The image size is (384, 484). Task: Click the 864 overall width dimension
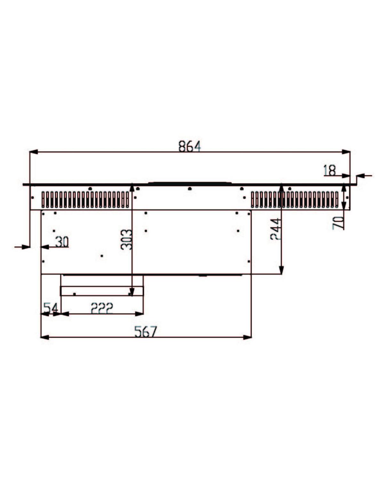[x=189, y=146]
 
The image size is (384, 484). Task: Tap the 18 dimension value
[x=330, y=170]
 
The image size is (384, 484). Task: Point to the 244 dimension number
[x=276, y=229]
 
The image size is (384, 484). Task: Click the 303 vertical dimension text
[x=126, y=239]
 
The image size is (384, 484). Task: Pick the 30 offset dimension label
[x=62, y=242]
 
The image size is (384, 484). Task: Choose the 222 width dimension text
[x=102, y=308]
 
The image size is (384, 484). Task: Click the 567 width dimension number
[x=146, y=332]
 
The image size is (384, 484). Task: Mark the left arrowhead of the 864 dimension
[x=34, y=152]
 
